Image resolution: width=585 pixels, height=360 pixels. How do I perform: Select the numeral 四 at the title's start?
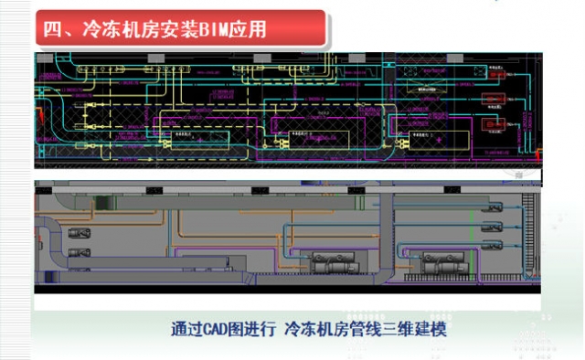pyautogui.click(x=51, y=28)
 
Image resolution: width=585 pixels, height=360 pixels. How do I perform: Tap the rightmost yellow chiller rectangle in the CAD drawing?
pyautogui.click(x=430, y=134)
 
